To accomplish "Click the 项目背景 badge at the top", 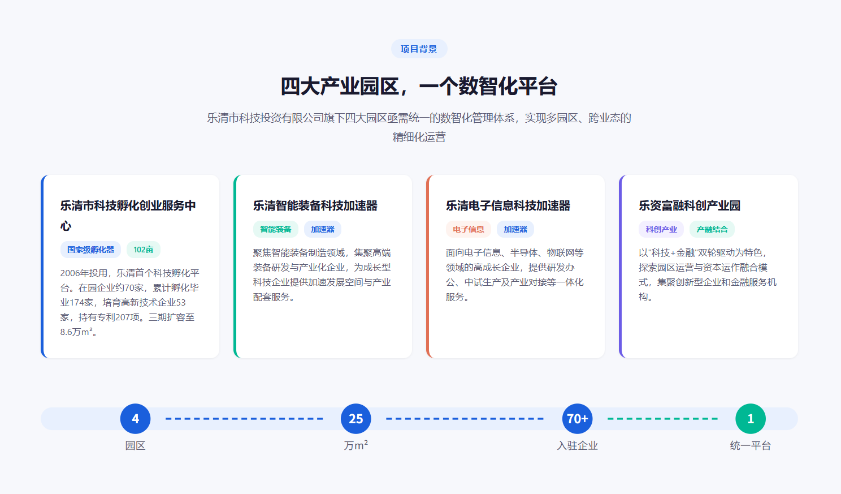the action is point(419,49).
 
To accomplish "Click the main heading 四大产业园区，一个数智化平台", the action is point(419,86).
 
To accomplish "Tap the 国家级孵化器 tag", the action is point(90,250).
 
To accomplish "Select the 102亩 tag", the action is point(144,250).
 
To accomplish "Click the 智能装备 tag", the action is point(276,229).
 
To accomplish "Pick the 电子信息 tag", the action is point(468,229).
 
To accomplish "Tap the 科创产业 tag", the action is point(661,229).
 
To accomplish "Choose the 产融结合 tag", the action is point(712,229).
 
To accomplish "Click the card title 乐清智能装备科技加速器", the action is point(315,205).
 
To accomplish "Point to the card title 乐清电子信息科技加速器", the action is point(508,205).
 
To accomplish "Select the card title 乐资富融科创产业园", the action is point(690,205).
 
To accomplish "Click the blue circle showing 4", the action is point(136,419).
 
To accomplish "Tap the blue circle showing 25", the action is point(356,419).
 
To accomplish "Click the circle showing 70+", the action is point(578,419).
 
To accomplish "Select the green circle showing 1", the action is point(751,419).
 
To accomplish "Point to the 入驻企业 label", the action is point(578,446).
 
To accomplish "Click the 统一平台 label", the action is point(751,446).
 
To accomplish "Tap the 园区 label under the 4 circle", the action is point(136,446).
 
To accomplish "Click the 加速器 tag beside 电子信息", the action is point(515,229).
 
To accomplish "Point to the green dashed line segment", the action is point(662,419).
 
